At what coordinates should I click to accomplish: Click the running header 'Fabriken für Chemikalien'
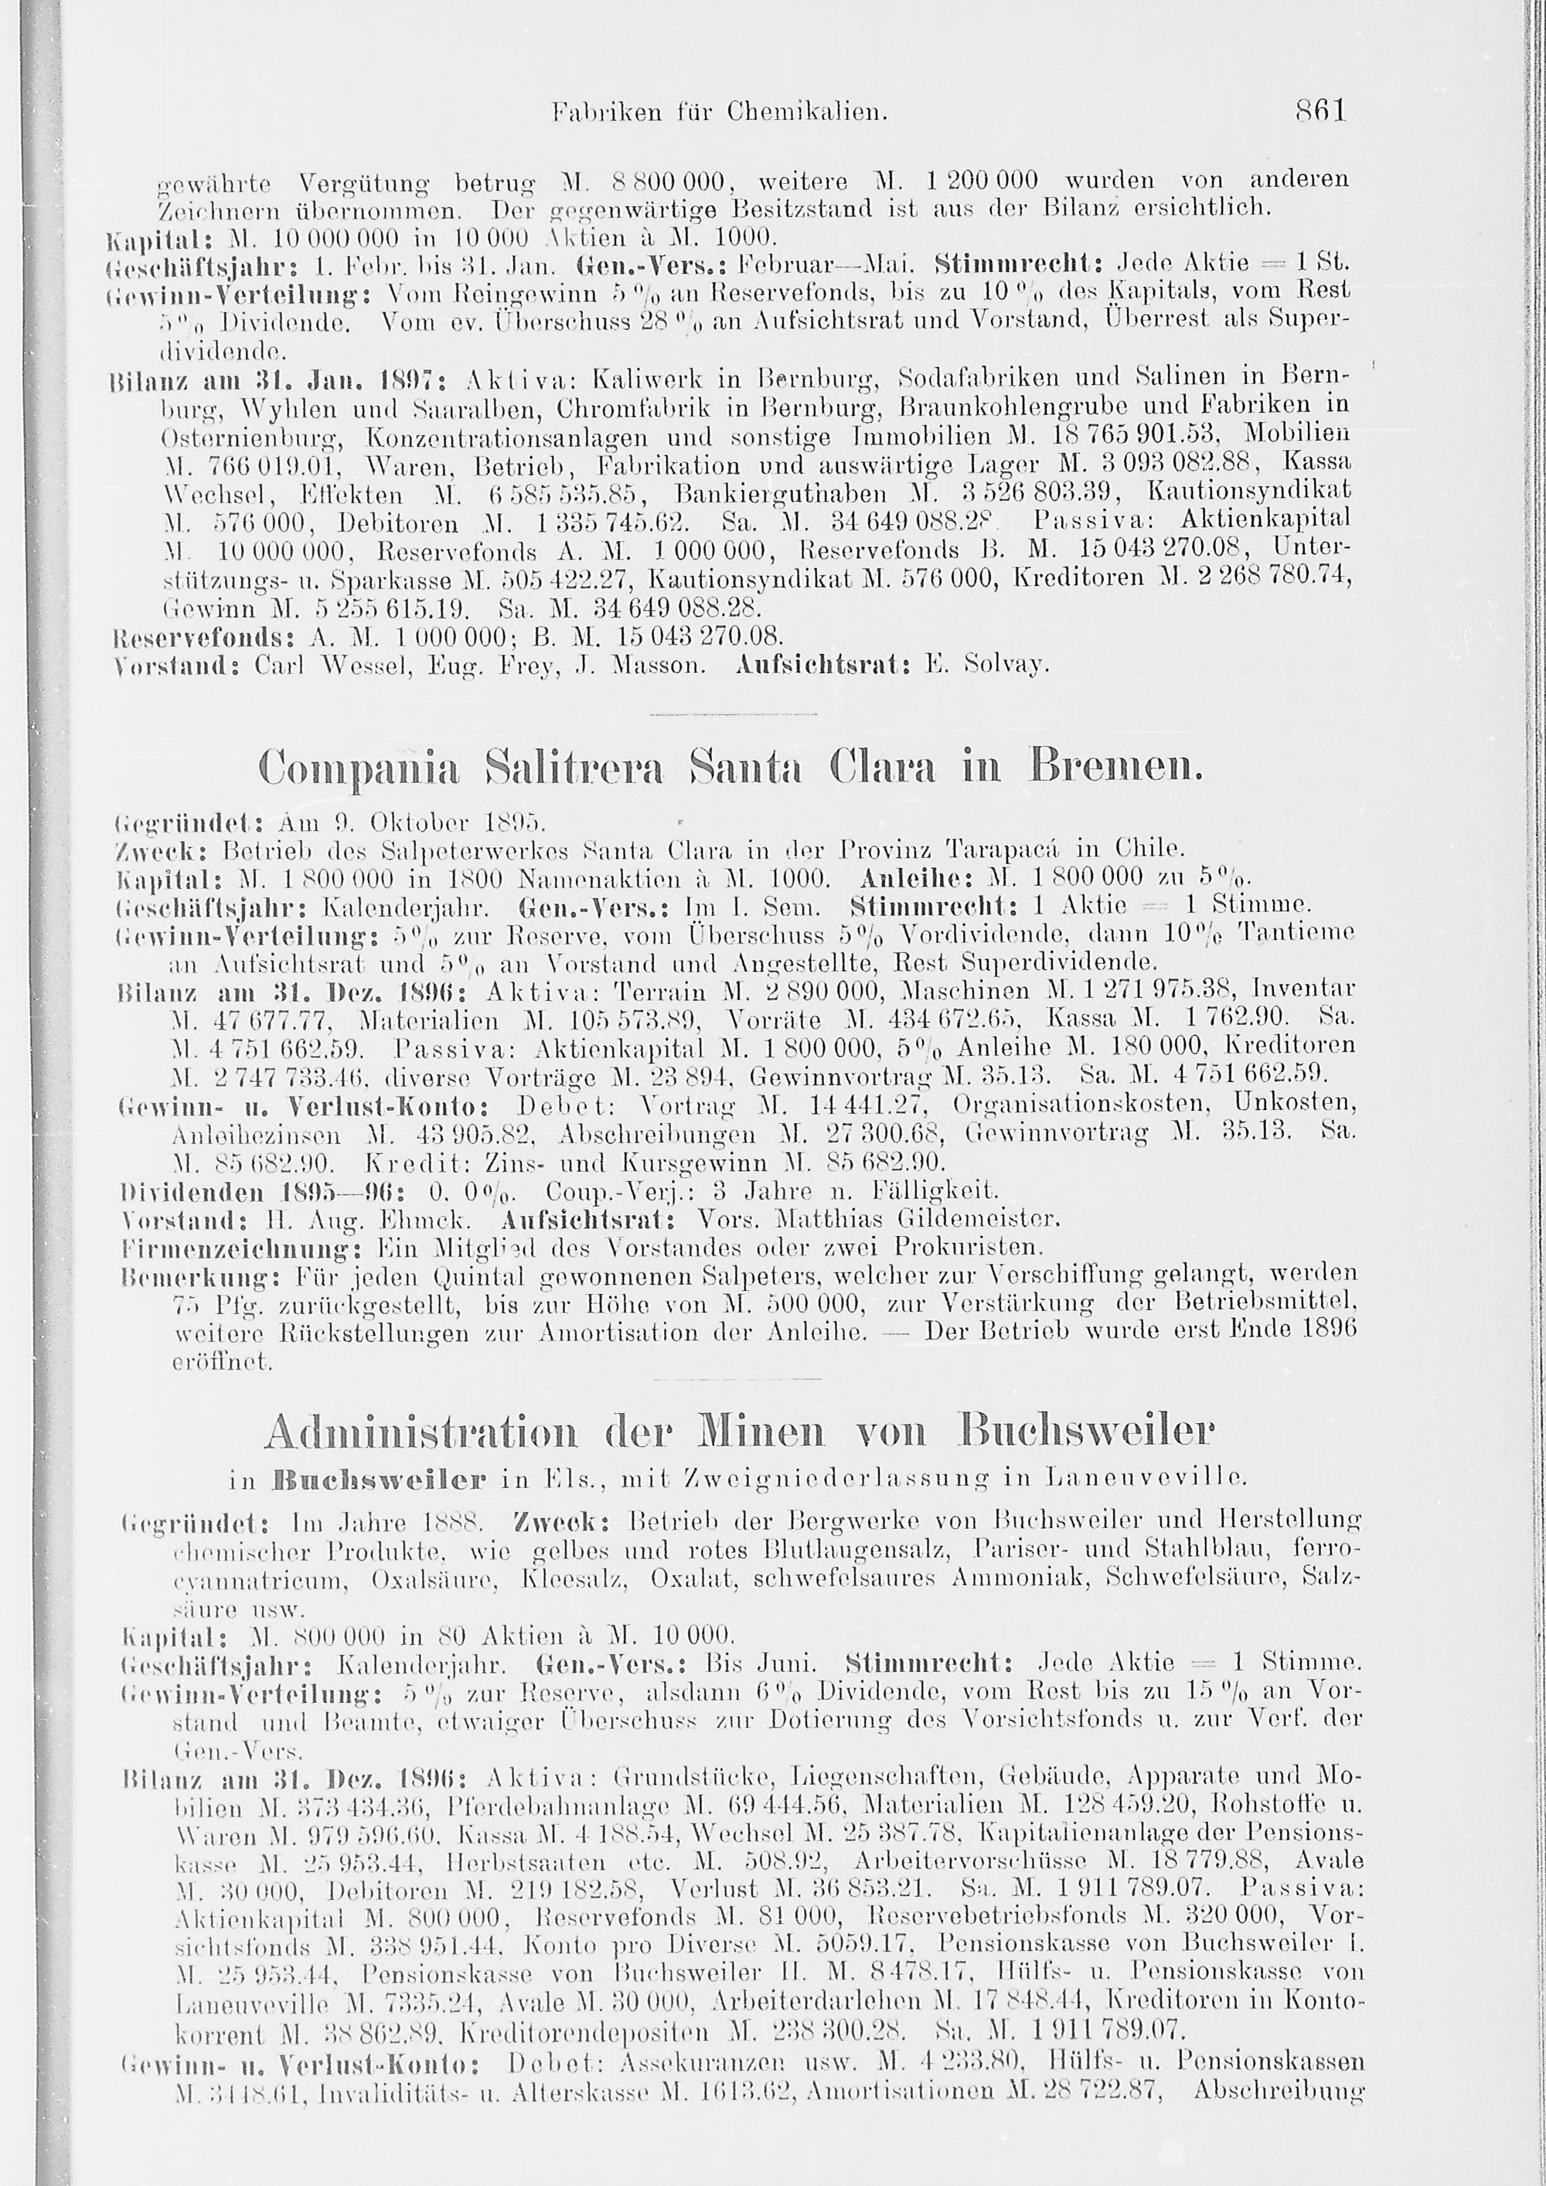[x=720, y=114]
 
